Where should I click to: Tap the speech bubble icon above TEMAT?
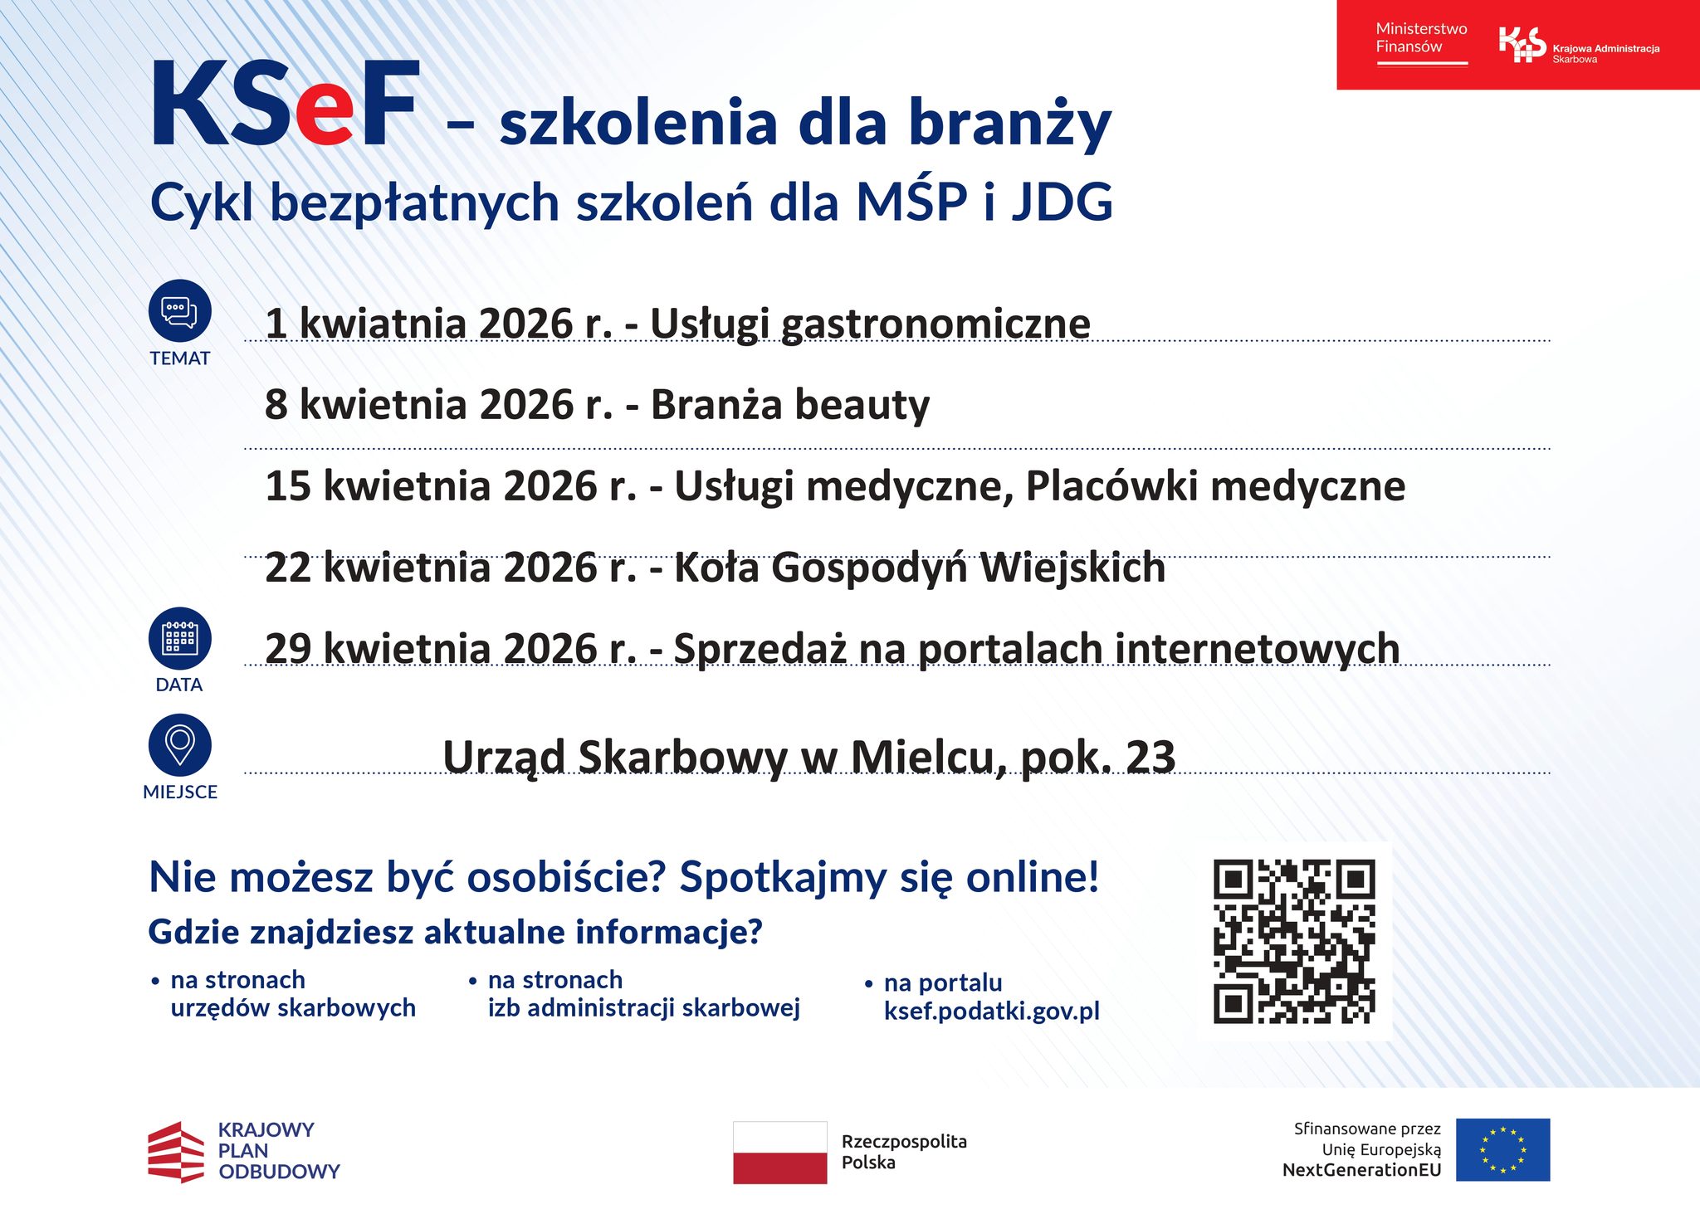(180, 311)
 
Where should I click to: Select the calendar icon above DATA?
(180, 638)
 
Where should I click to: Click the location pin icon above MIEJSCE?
(180, 744)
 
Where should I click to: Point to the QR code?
(1294, 941)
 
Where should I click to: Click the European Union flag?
(1502, 1149)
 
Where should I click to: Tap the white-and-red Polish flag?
(779, 1152)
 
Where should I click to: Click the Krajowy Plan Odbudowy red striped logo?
(176, 1152)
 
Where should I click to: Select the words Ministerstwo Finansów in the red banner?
(1421, 37)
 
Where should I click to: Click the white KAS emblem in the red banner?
(1522, 45)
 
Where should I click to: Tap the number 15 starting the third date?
(288, 485)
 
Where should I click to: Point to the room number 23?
(1150, 757)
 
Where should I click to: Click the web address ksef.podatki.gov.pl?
(992, 1011)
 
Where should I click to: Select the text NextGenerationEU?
(1361, 1170)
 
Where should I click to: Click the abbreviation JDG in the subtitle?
(1062, 202)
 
